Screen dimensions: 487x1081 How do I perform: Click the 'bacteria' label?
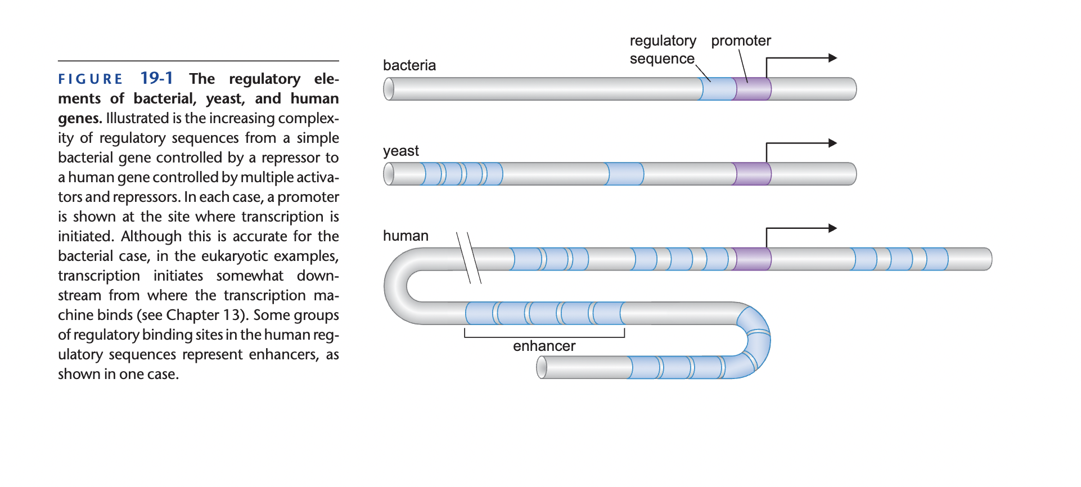tap(409, 65)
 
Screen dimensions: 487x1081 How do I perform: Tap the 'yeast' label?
tap(400, 151)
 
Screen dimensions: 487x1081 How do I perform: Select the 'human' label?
tap(406, 236)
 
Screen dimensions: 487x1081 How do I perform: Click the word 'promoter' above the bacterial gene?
tap(741, 40)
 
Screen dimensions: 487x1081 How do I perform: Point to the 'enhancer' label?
tap(544, 346)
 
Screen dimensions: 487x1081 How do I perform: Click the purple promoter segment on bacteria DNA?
tap(753, 89)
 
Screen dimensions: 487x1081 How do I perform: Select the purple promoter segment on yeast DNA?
tap(753, 174)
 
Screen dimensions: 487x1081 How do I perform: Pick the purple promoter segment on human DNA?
tap(753, 259)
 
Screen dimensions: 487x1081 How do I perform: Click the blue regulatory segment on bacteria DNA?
tap(718, 89)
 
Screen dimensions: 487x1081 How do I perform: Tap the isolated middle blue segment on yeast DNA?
tap(625, 174)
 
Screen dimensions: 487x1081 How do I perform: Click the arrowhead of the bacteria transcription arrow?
tap(833, 58)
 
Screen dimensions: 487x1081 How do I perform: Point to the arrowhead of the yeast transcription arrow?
tap(833, 143)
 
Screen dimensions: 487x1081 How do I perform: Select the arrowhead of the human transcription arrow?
tap(833, 228)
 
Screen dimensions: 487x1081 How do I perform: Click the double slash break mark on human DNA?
tap(469, 258)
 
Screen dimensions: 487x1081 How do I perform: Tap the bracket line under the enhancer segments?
tap(544, 337)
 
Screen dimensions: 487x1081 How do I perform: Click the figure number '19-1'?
tap(156, 78)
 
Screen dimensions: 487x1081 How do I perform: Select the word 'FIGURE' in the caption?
tap(91, 79)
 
